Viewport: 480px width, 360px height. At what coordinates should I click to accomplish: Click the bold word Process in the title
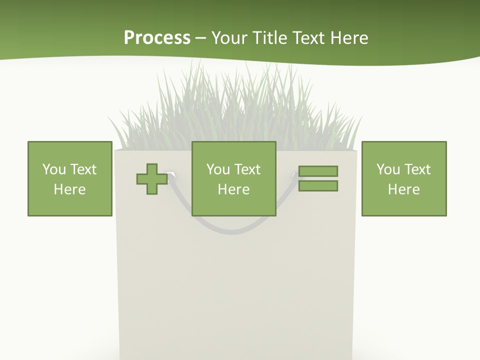tap(157, 38)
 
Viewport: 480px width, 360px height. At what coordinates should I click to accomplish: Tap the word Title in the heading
tap(270, 38)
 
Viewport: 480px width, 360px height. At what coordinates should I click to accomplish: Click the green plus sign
tap(152, 179)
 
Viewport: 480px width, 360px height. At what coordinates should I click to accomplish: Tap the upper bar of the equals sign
tap(318, 171)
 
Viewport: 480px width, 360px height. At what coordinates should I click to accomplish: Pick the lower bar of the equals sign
tap(318, 186)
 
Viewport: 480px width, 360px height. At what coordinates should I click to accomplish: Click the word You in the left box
tap(54, 169)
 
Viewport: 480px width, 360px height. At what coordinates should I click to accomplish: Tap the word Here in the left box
tap(70, 189)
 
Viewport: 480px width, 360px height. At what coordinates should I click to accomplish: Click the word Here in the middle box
tap(234, 189)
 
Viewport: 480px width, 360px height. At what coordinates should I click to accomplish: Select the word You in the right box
tap(388, 169)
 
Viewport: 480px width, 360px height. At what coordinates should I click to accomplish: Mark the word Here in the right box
tap(404, 189)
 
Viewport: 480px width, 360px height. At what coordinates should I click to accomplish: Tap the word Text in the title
tap(309, 38)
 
